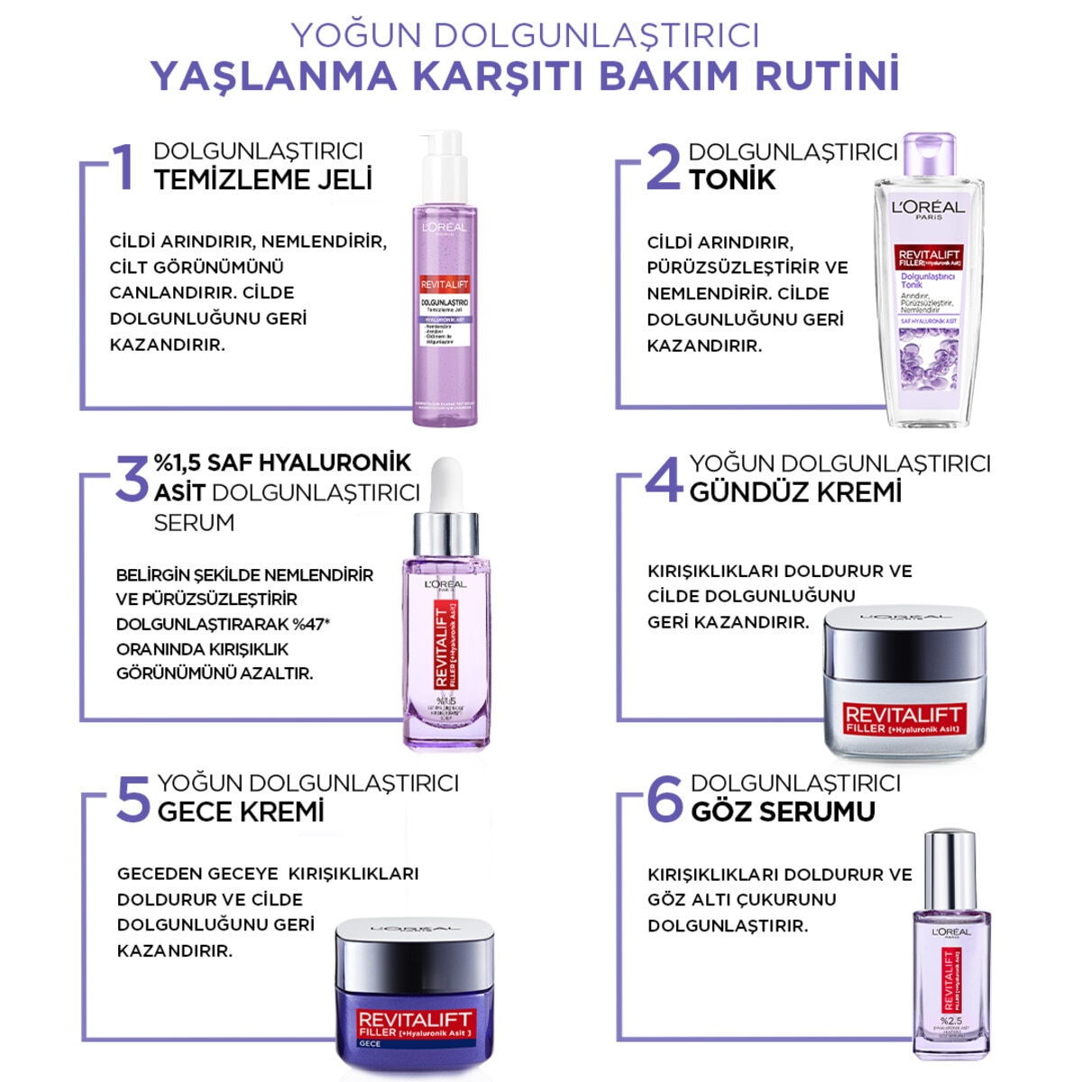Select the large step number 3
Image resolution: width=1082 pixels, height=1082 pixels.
click(x=133, y=479)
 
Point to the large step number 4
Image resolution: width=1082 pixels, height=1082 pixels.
click(x=665, y=480)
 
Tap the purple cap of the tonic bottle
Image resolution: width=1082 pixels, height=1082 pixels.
click(x=929, y=157)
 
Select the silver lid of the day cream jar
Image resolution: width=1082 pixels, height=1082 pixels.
click(x=904, y=627)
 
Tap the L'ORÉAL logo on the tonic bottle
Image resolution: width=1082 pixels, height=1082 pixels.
click(x=928, y=207)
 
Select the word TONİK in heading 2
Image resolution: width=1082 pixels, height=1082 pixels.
click(x=732, y=179)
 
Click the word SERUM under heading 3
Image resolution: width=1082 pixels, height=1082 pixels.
click(x=194, y=523)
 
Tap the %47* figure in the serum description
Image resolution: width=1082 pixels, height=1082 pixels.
click(x=311, y=624)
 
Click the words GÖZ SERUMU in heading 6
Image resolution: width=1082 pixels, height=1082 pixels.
click(x=783, y=811)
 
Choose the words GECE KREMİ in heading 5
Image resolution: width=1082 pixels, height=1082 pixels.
click(x=241, y=811)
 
